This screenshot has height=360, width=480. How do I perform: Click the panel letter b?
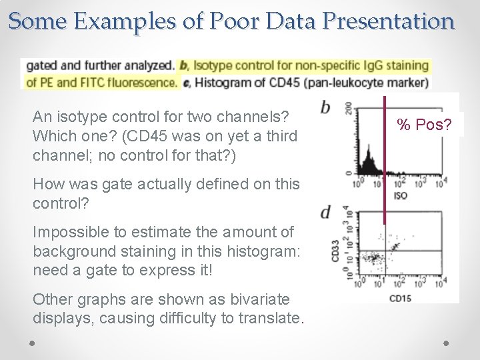pos(325,107)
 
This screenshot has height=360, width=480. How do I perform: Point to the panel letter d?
pos(325,213)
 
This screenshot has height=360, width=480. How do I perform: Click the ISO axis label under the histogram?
pos(400,196)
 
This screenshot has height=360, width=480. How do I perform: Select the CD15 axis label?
pos(400,297)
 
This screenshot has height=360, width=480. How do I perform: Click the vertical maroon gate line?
pos(385,160)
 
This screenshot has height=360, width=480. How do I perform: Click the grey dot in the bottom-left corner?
pos(32,342)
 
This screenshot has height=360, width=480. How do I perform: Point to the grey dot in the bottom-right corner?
pos(446,342)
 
